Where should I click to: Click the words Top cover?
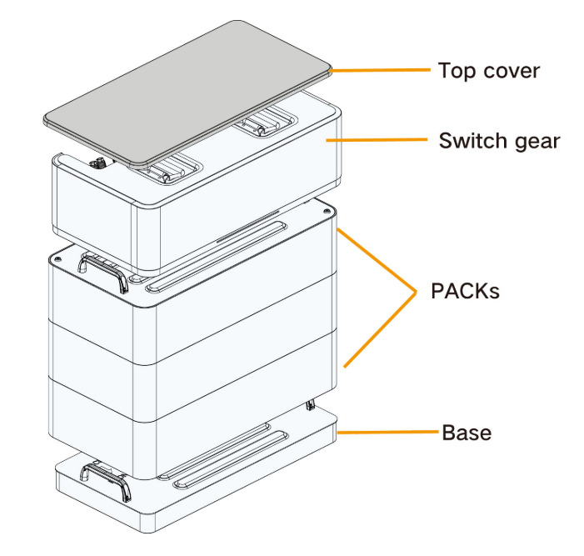(489, 70)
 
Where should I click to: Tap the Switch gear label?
(499, 140)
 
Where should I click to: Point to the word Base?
(467, 433)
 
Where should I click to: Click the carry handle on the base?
(107, 481)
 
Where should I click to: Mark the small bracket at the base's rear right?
(310, 406)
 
